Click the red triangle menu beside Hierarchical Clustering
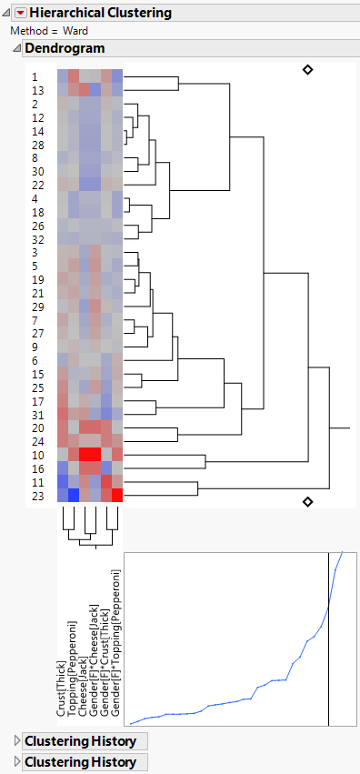coord(21,13)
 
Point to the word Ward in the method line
coord(75,31)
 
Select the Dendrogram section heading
coord(65,48)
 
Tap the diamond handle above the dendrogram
coord(307,69)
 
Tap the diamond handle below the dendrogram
coord(307,501)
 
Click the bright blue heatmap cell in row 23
coord(74,496)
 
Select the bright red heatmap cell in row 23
coord(117,496)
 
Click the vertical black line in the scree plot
coord(328,637)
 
